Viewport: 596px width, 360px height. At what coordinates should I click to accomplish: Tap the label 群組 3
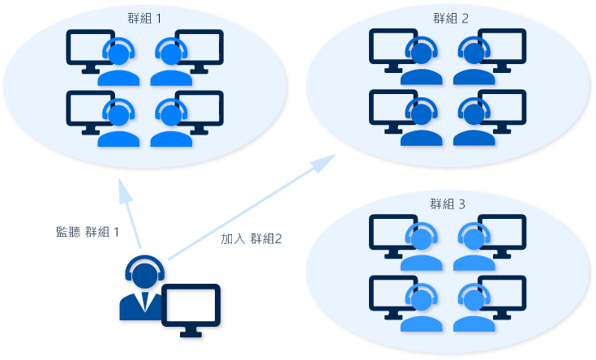448,204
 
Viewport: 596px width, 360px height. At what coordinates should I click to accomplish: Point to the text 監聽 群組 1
86,232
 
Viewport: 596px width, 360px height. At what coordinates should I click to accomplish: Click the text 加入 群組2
251,240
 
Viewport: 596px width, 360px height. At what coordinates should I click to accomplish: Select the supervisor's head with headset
144,273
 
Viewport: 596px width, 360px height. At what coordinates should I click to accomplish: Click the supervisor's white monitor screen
191,305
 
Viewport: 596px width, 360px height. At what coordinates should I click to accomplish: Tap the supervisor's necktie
144,302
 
